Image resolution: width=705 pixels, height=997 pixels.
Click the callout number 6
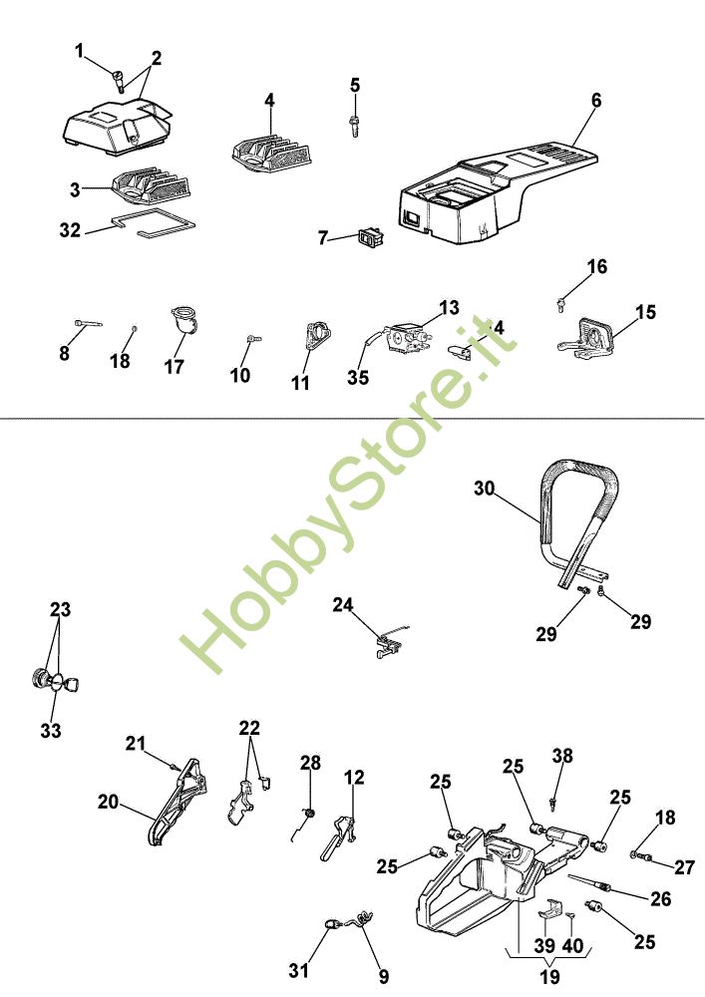596,101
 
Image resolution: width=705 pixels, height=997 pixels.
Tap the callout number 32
70,230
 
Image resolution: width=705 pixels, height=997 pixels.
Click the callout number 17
175,366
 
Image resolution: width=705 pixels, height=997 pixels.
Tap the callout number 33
51,731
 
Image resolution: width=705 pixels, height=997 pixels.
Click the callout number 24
343,605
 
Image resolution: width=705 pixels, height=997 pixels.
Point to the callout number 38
563,757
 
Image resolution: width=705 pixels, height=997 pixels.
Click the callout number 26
660,898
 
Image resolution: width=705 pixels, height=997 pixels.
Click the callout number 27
684,866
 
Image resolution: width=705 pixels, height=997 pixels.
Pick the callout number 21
136,743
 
